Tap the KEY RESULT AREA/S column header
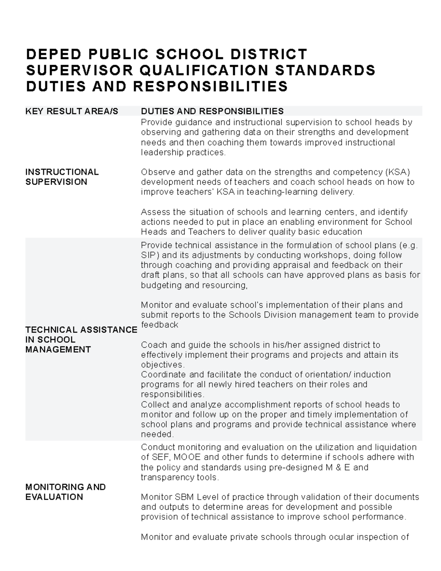point(72,111)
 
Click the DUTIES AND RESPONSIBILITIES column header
point(212,111)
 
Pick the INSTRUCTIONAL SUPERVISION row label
point(62,177)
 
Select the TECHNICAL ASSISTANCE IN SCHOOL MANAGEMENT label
point(81,339)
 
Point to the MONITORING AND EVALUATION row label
point(65,492)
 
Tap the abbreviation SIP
point(148,255)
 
